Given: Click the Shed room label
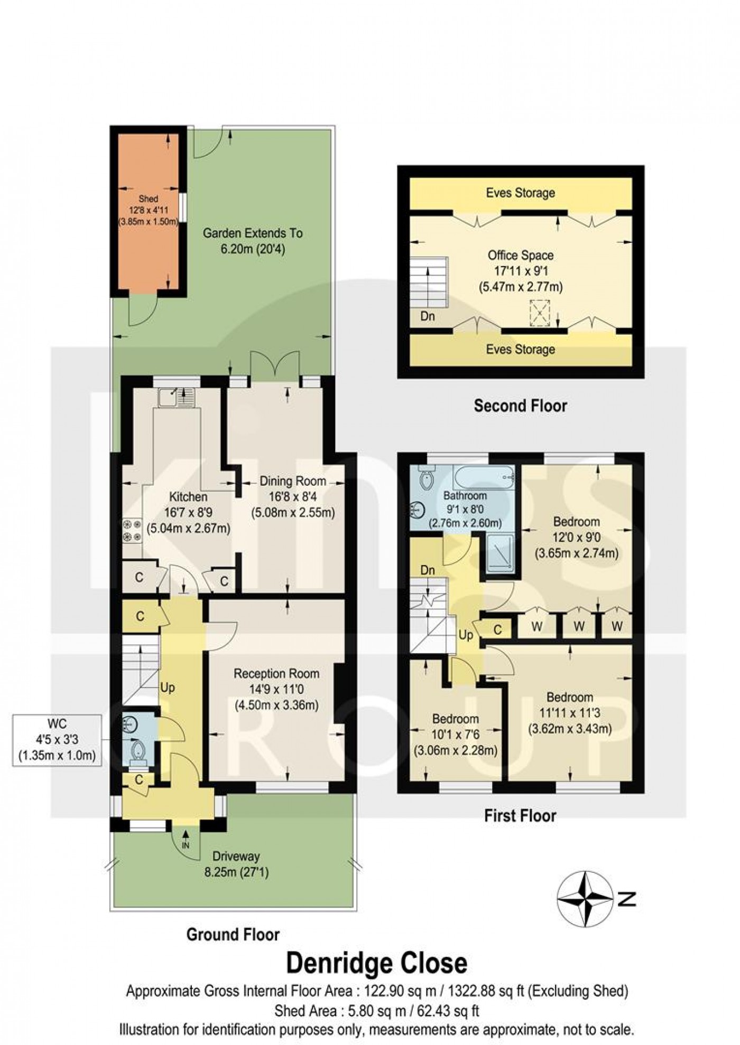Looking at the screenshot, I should click(148, 199).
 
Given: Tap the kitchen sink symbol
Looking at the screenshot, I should click(176, 397).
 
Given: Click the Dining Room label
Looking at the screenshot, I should click(292, 481).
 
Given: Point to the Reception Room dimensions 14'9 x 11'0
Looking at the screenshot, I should click(276, 689).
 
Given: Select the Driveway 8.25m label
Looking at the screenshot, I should click(236, 864).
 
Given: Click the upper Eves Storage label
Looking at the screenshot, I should click(520, 193).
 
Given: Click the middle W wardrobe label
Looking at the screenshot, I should click(579, 626).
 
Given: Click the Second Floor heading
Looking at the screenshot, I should click(520, 406).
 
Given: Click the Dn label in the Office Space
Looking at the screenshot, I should click(428, 317).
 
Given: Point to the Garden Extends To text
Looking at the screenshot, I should click(252, 233).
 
